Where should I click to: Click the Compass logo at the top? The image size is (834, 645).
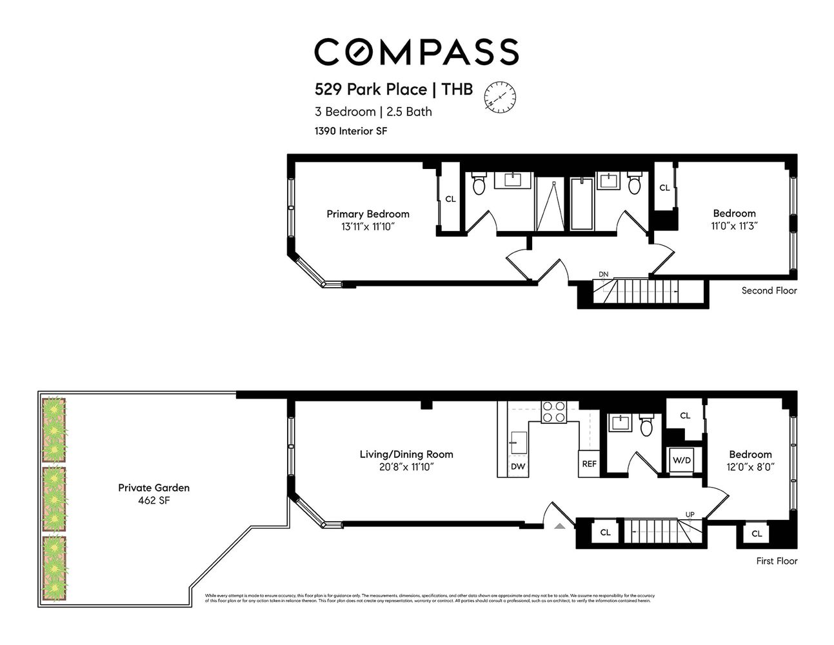(416, 52)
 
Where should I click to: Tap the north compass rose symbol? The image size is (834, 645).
(501, 97)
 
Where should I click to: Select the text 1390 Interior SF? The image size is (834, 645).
(350, 131)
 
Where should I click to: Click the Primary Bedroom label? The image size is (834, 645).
(368, 214)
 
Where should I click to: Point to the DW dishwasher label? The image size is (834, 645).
(517, 466)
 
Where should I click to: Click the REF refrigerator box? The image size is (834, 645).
(589, 464)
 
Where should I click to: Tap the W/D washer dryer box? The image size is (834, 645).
(681, 461)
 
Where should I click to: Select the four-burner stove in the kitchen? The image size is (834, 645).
(553, 412)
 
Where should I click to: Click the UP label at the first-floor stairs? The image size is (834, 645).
(690, 514)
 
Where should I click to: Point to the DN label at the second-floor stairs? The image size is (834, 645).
(603, 274)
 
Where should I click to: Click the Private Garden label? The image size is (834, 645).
(154, 488)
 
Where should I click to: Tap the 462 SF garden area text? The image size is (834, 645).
(154, 501)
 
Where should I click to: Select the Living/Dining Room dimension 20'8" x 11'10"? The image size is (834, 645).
(406, 466)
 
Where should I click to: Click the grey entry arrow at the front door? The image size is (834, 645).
(560, 526)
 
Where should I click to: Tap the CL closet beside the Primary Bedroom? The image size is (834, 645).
(450, 199)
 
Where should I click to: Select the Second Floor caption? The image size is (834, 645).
(769, 290)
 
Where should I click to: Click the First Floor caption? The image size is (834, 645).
(777, 561)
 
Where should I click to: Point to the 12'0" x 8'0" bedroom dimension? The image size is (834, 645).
(750, 466)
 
